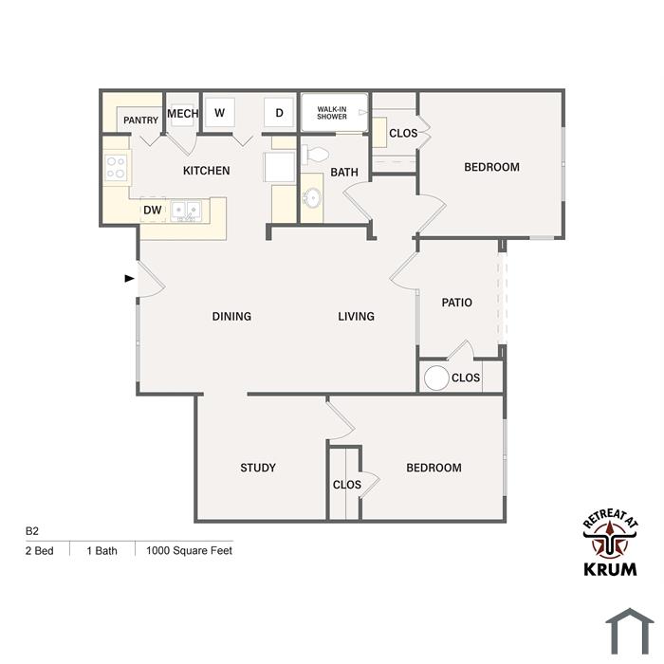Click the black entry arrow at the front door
(x=130, y=278)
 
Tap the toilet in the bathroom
(x=315, y=155)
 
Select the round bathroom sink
(x=312, y=197)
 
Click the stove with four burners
(x=116, y=167)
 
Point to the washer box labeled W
(x=219, y=113)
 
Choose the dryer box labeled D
(x=279, y=113)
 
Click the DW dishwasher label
(x=153, y=210)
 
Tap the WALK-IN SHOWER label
(x=332, y=113)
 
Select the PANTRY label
(x=140, y=120)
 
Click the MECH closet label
(x=183, y=114)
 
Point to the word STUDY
(x=258, y=468)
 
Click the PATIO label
(x=456, y=303)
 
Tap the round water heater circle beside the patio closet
(x=436, y=378)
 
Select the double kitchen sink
(x=186, y=211)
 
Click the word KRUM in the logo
(x=610, y=569)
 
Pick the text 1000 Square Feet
(x=189, y=550)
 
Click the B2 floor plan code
(x=31, y=531)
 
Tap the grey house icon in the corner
(x=630, y=631)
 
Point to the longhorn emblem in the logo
(x=610, y=539)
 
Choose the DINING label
(x=231, y=316)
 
